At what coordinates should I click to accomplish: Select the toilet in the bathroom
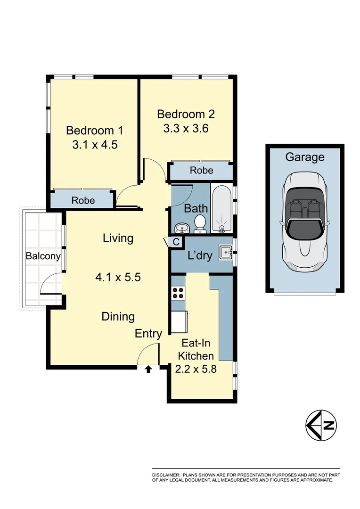tap(200, 224)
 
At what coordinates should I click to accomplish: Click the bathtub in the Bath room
tap(221, 210)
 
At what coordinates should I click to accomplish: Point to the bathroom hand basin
tap(181, 229)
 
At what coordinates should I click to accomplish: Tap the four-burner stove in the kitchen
tap(178, 293)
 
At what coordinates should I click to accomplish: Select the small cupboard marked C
tap(176, 242)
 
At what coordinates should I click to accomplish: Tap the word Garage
tap(305, 157)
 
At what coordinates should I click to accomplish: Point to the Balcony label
tap(43, 256)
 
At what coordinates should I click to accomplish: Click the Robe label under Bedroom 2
tap(201, 171)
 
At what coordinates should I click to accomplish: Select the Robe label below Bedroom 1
tap(83, 200)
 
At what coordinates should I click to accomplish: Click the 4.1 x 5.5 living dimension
tap(118, 277)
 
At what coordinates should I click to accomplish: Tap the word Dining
tap(118, 317)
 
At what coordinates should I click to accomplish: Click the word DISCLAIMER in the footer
tap(165, 475)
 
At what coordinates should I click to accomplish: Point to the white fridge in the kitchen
tap(179, 322)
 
